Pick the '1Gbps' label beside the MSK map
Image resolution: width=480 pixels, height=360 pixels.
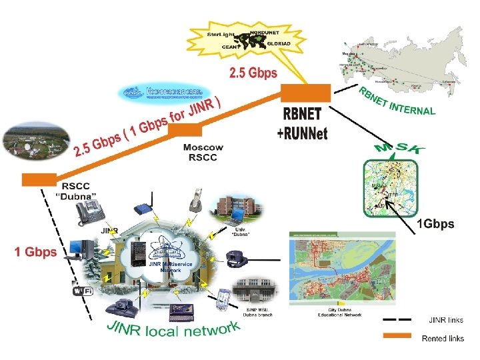[x=435, y=224]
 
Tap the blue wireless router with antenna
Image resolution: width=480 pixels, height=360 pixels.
[x=144, y=208]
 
